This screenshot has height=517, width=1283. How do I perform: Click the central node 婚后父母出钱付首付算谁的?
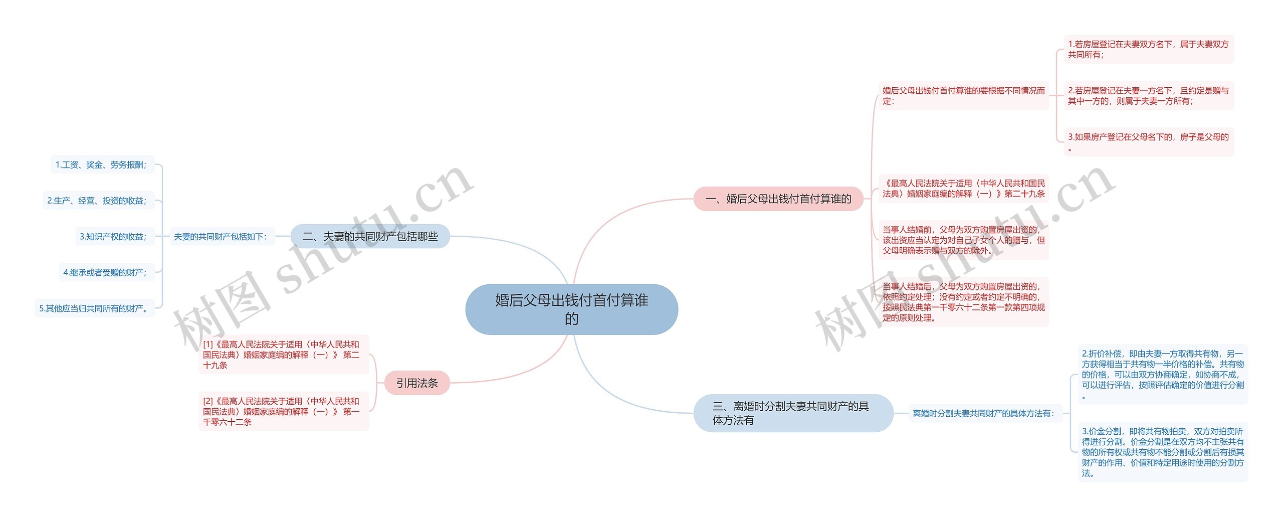[x=571, y=309]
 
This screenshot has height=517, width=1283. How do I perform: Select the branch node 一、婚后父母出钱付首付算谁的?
[x=778, y=199]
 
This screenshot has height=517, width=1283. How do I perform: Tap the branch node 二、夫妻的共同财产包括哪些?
[x=370, y=236]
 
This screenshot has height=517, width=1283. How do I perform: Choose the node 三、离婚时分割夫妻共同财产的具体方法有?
[x=792, y=413]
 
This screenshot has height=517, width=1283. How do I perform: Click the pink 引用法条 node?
[x=417, y=383]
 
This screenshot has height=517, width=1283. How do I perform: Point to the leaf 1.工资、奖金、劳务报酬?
[x=102, y=165]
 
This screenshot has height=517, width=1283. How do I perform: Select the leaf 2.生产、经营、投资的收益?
[x=98, y=201]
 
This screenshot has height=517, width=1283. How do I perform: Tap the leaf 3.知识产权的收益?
[x=114, y=237]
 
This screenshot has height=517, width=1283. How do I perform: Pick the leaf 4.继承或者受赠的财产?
[x=106, y=272]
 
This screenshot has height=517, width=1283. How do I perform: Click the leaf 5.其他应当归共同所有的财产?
[x=94, y=308]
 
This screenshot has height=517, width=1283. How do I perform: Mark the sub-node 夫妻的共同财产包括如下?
[x=221, y=237]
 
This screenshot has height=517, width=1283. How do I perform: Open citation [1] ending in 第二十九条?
[x=283, y=355]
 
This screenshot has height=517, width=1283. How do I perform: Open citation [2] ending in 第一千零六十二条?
[x=283, y=411]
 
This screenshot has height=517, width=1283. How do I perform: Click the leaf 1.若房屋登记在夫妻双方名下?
[x=1148, y=49]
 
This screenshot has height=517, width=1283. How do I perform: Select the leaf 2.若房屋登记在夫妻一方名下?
[x=1148, y=96]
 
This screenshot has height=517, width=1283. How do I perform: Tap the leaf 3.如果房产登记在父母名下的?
[x=1148, y=142]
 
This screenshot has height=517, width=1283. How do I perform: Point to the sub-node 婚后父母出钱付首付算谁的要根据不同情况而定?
[x=963, y=96]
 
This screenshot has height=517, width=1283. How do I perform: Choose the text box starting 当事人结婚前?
[x=963, y=240]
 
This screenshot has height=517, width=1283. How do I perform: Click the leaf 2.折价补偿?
[x=1162, y=374]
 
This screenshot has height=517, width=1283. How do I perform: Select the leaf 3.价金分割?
[x=1162, y=452]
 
